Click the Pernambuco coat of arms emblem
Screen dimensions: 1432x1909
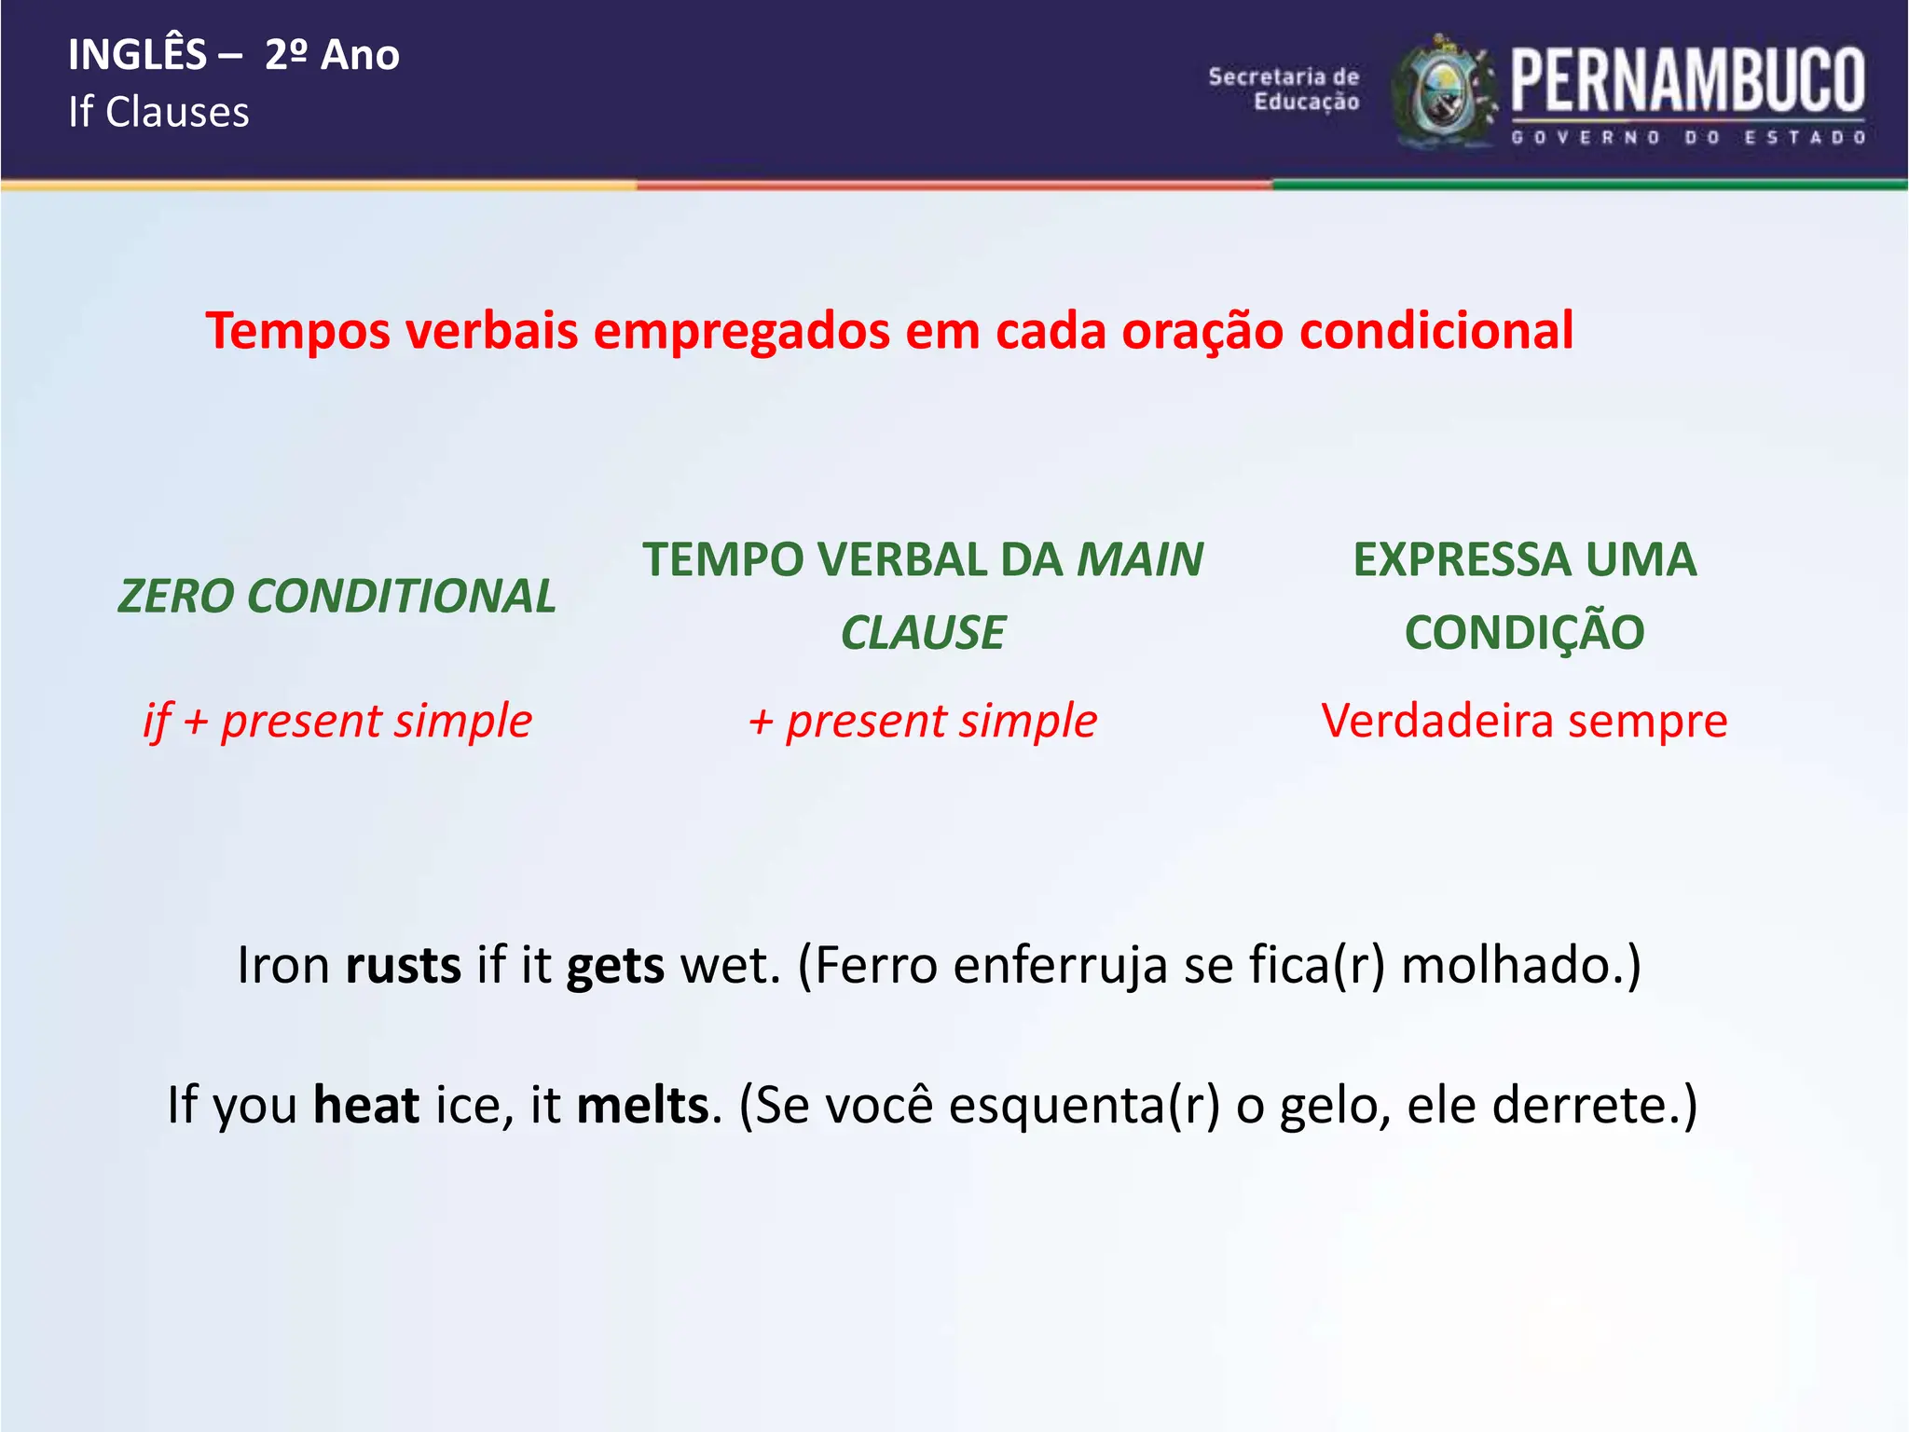(x=1443, y=93)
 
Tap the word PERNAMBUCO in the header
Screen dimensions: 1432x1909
(x=1687, y=80)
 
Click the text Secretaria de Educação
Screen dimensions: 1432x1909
(x=1284, y=89)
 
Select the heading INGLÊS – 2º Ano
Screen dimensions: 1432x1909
(x=234, y=55)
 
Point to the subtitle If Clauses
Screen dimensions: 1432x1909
(x=158, y=113)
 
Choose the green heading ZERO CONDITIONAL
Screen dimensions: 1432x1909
(x=336, y=597)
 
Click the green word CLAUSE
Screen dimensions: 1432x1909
(x=923, y=633)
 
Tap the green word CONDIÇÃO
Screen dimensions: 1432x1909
(x=1524, y=633)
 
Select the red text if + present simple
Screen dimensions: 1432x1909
(x=337, y=722)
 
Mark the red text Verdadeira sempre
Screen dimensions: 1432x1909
(x=1524, y=722)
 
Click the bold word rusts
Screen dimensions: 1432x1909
(x=403, y=966)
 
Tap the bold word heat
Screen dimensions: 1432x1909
(x=366, y=1106)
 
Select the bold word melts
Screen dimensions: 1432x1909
(x=643, y=1106)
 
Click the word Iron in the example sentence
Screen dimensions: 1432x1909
(x=283, y=966)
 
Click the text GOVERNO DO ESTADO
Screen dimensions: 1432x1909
(x=1687, y=138)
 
